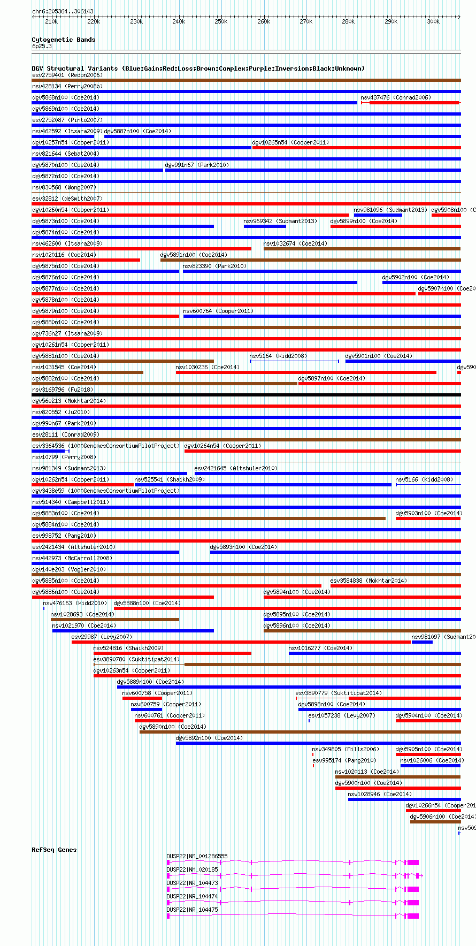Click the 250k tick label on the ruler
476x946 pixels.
pyautogui.click(x=221, y=22)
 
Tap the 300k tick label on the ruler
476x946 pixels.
pyautogui.click(x=433, y=22)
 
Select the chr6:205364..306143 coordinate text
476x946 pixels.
pyautogui.click(x=63, y=11)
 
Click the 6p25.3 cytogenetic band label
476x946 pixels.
pyautogui.click(x=42, y=46)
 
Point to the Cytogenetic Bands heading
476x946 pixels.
pyautogui.click(x=63, y=40)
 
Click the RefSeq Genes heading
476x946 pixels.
pyautogui.click(x=54, y=850)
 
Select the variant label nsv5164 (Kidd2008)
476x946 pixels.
pyautogui.click(x=278, y=356)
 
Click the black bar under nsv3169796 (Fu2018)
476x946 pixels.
pyautogui.click(x=246, y=395)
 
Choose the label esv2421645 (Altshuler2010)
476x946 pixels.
pyautogui.click(x=236, y=468)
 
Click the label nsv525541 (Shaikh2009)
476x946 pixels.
pyautogui.click(x=169, y=479)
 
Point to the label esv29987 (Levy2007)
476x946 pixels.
pyautogui.click(x=101, y=637)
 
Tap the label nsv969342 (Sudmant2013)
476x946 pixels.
pyautogui.click(x=280, y=221)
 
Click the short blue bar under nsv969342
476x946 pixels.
pyautogui.click(x=265, y=226)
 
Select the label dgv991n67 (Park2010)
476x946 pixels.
pyautogui.click(x=196, y=165)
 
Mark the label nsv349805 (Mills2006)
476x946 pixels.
pyautogui.click(x=345, y=749)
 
